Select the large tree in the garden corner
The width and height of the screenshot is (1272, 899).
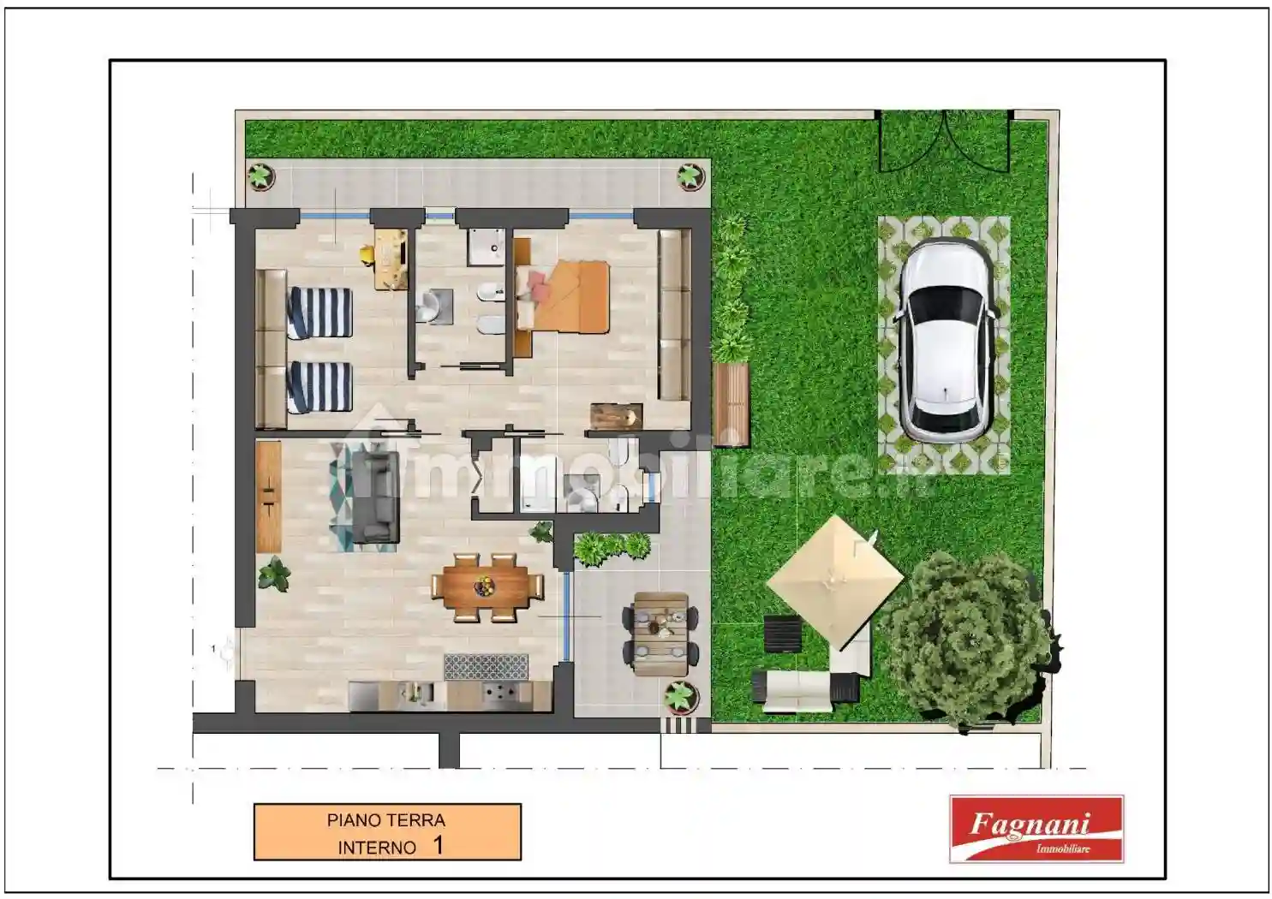point(968,638)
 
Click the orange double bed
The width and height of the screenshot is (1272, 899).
point(569,297)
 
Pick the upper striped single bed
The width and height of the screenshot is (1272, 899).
point(319,312)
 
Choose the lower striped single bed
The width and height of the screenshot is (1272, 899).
point(319,387)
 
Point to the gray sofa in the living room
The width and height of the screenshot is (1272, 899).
point(375,497)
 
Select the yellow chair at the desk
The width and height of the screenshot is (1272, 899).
point(367,254)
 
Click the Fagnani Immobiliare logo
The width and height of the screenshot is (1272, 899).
point(1036,828)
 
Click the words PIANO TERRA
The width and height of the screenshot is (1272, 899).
point(385,820)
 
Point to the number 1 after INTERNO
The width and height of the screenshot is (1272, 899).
point(438,846)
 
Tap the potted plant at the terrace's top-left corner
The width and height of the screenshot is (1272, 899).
point(260,176)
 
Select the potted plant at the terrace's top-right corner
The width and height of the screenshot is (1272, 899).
point(690,176)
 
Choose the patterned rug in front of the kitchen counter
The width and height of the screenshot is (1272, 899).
point(486,666)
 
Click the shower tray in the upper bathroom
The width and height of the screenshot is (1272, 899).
point(488,247)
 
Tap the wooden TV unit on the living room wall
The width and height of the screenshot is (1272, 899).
point(268,497)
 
